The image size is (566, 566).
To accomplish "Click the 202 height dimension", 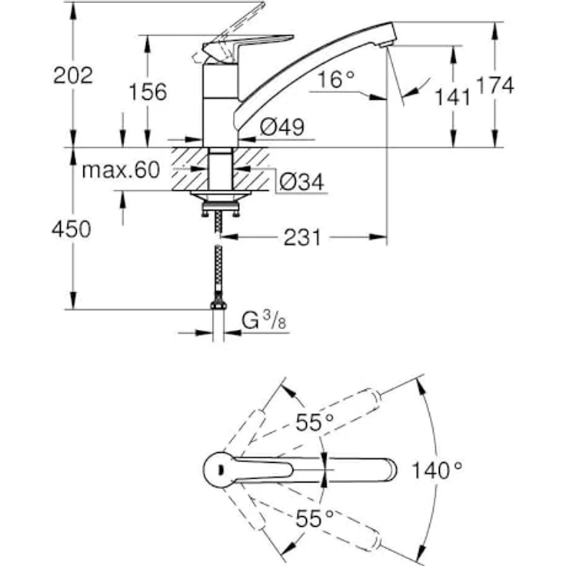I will [73, 75].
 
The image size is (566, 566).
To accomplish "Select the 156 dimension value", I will [148, 92].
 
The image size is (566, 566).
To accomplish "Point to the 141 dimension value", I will [454, 96].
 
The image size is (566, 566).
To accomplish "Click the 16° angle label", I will [335, 78].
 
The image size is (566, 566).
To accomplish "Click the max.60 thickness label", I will [121, 170].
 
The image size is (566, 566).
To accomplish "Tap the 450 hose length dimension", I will [70, 228].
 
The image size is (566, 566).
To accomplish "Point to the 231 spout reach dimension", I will [301, 238].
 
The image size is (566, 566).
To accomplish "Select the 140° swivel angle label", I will [436, 468].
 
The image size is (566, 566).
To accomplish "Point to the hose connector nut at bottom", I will [218, 306].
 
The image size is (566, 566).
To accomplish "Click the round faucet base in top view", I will [221, 469].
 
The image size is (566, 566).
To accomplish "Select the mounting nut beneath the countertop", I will [218, 199].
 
